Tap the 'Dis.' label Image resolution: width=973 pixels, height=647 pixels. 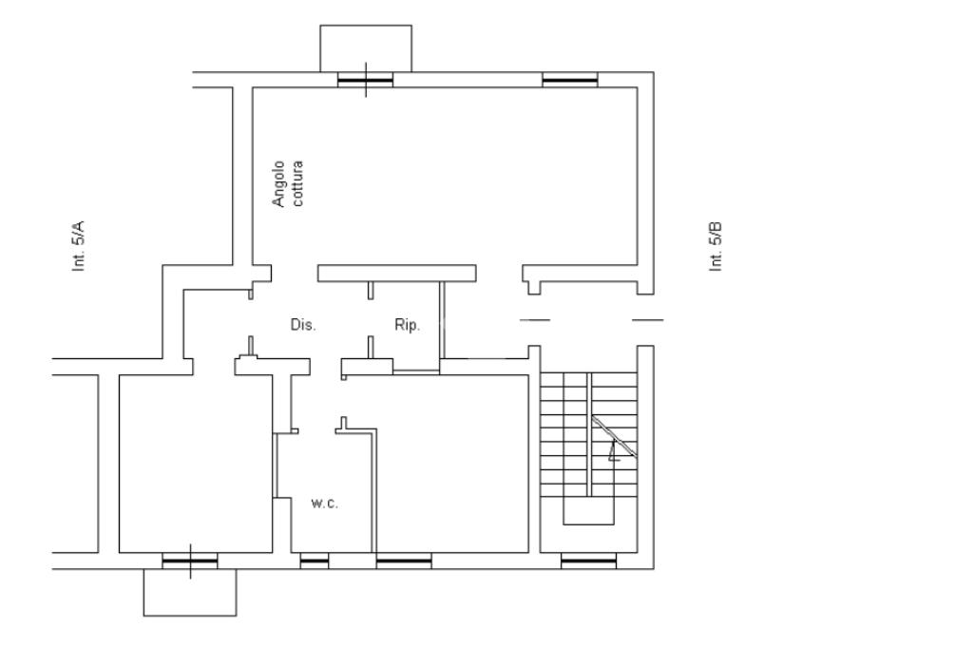coord(303,325)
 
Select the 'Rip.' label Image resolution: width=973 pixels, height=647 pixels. coord(407,325)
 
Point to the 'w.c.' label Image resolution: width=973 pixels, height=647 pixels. coord(325,503)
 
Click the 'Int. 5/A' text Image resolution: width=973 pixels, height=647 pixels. coord(80,246)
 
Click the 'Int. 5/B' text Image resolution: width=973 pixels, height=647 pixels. coord(716,246)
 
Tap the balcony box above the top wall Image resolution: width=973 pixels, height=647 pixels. coord(366,48)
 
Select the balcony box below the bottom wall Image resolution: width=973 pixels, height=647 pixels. coord(190,593)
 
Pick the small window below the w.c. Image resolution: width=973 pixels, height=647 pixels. coord(315,562)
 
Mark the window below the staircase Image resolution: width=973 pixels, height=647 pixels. coord(588,562)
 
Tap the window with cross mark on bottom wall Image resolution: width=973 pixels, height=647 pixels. coord(190,562)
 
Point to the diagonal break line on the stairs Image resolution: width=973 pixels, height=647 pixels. coord(614,437)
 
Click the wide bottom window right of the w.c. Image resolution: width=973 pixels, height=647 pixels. coord(404,562)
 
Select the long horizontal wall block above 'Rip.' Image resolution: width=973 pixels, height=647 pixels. coord(396,274)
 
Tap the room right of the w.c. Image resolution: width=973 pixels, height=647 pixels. coord(452,466)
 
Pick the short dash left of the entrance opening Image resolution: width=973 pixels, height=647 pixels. coord(535,320)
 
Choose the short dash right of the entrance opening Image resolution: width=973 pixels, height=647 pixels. coord(648,320)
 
